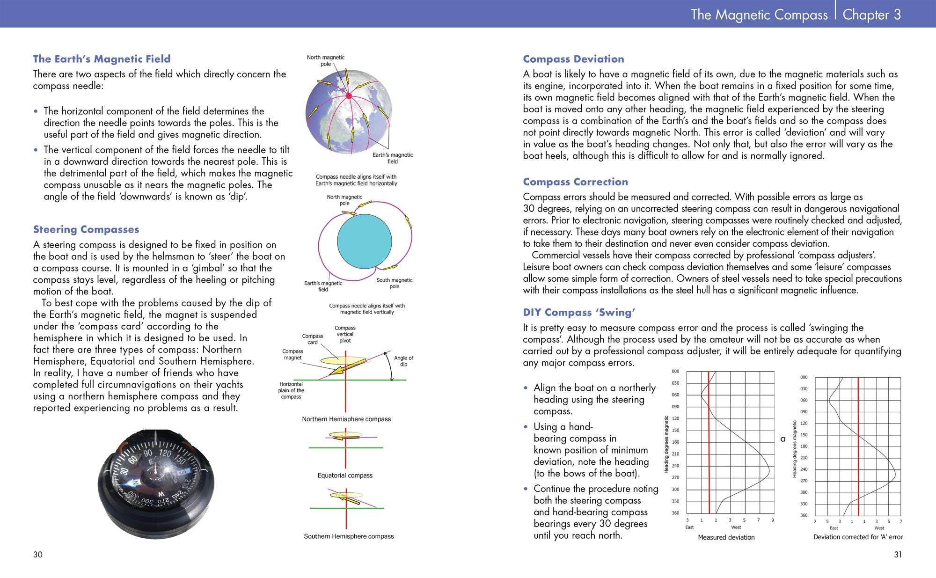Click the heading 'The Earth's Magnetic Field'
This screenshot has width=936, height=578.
(102, 59)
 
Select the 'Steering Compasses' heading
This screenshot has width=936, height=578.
(86, 229)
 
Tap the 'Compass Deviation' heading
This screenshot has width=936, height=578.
(573, 59)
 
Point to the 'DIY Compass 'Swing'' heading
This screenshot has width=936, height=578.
(579, 312)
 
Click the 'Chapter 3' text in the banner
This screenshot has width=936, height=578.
(871, 15)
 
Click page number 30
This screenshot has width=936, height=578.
(37, 555)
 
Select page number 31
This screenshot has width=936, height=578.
(897, 555)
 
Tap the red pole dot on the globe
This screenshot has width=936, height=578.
(348, 96)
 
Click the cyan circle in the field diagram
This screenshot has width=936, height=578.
(364, 241)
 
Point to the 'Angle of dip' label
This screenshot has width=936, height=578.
(403, 361)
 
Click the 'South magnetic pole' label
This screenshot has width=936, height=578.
(395, 283)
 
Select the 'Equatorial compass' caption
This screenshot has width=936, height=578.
(345, 476)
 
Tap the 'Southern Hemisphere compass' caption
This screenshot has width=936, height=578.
(349, 536)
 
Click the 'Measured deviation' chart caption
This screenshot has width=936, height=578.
(726, 537)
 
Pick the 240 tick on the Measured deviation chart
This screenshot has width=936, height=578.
(675, 466)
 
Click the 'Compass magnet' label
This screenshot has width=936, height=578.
(292, 354)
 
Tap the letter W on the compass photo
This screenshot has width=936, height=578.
(161, 494)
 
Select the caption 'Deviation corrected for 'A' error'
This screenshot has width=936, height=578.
(858, 537)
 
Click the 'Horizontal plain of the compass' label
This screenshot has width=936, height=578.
(291, 390)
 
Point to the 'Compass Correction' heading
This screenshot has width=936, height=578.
(575, 182)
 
